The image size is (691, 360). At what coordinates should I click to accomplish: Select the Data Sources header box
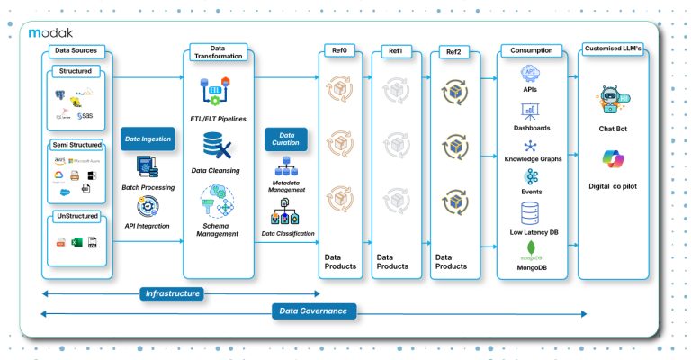tap(76, 50)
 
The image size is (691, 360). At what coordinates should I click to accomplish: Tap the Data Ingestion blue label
tap(148, 139)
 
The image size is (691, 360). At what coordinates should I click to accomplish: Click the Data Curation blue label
tap(286, 139)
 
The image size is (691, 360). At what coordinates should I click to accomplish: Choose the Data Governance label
tap(313, 311)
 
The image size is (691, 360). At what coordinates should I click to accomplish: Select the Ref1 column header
tap(395, 51)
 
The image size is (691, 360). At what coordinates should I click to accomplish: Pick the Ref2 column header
tap(453, 51)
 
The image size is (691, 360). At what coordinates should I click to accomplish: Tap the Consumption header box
tap(530, 50)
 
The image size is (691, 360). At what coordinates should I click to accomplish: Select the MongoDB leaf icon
tap(530, 247)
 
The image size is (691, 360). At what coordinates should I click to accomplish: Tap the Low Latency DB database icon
tap(530, 212)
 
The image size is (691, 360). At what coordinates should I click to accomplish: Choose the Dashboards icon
tap(530, 111)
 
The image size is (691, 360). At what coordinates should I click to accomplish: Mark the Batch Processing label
tap(148, 187)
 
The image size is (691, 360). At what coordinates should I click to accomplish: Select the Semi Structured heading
tap(76, 144)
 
